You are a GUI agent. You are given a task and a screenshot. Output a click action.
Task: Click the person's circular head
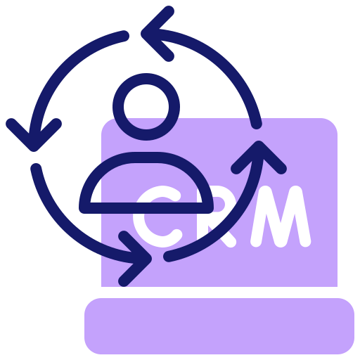[x=146, y=79]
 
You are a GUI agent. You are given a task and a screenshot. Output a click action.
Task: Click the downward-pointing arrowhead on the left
[x=34, y=146]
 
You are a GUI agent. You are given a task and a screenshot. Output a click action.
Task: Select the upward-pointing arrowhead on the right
[x=259, y=146]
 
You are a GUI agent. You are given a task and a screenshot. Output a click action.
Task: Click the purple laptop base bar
[x=219, y=326]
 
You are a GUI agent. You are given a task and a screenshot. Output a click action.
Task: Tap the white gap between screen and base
[x=219, y=292]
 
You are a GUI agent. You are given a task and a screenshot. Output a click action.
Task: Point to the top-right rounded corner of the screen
[x=333, y=123]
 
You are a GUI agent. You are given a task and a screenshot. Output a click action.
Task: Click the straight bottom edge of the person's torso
[x=146, y=208]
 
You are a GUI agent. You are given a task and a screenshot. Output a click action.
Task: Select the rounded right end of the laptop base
[x=349, y=326]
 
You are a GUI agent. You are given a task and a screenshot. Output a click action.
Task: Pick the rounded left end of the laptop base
[x=90, y=326]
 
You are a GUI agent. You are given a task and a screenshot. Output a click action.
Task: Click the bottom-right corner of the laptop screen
[x=337, y=286]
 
